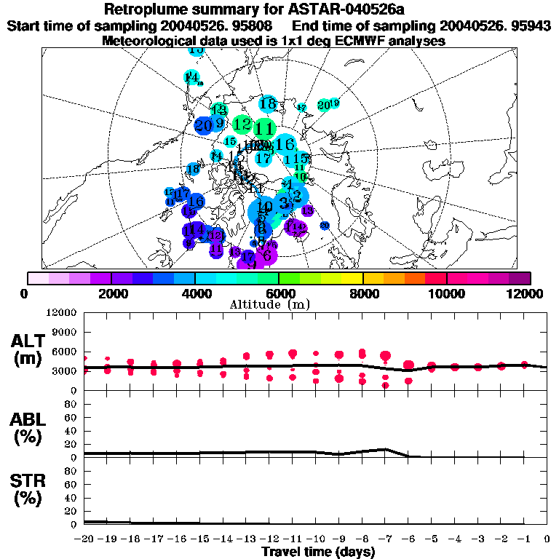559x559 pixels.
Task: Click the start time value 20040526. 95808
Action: (x=223, y=26)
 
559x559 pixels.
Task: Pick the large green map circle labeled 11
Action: (x=265, y=129)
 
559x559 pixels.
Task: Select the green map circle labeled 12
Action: (x=242, y=124)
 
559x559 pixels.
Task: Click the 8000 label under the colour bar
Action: (x=362, y=293)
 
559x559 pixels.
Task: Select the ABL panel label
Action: (x=28, y=428)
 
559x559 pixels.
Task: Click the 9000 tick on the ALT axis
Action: (x=64, y=332)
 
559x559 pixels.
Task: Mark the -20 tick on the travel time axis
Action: (x=84, y=539)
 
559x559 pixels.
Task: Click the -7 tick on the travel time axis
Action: (x=387, y=539)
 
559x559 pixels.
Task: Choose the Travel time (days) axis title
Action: (x=318, y=552)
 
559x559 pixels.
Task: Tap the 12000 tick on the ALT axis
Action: (x=61, y=313)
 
